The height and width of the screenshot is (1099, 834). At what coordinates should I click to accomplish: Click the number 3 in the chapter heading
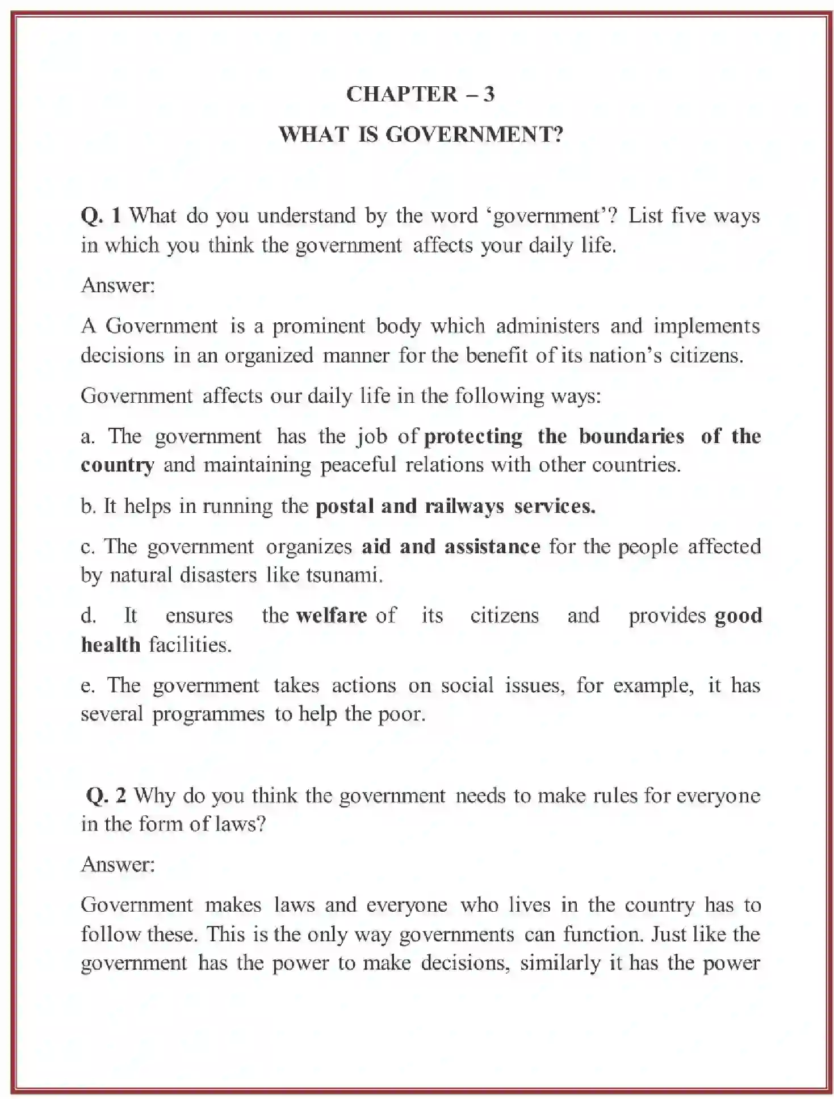coord(489,94)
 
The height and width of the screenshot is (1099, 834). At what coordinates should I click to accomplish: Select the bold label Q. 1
coord(101,216)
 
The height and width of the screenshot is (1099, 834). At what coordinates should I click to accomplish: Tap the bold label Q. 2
coord(106,795)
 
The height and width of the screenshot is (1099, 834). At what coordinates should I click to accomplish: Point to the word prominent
coord(318,326)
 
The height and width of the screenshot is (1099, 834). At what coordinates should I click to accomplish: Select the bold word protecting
coord(473,436)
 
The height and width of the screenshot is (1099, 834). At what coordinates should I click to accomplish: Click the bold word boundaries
coord(631,436)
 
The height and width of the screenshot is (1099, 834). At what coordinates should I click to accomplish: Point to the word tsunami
coord(343,575)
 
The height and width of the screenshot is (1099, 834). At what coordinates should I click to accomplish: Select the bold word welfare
coord(332,616)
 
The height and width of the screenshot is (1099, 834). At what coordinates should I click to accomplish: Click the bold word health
coord(111,645)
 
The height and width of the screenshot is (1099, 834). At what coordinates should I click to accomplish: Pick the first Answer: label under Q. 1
coord(118,285)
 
